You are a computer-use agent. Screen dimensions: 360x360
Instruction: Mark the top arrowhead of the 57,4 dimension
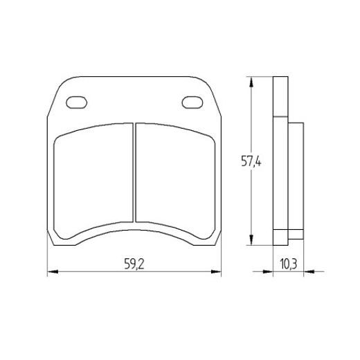(x=250, y=80)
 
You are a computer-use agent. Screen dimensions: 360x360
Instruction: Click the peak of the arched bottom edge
(x=133, y=225)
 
